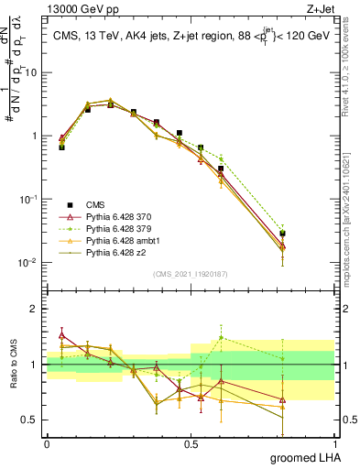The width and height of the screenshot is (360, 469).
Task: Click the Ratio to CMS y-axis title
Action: point(13,365)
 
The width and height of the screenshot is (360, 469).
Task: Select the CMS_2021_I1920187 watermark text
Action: point(191,273)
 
